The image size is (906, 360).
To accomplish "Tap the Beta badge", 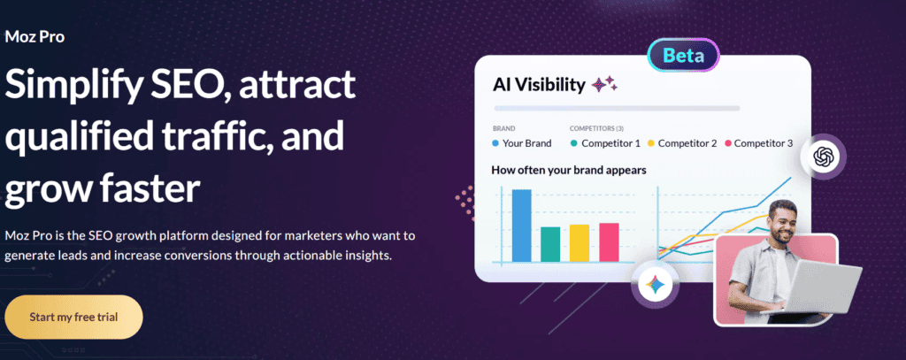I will (x=682, y=56).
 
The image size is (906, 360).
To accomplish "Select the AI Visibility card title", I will (x=539, y=86).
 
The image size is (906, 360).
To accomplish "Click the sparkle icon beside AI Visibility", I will (x=605, y=85).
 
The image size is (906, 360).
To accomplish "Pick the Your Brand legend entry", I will (x=522, y=143).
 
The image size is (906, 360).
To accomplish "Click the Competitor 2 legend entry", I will (x=684, y=143).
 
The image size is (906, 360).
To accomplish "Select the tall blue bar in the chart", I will (x=521, y=226).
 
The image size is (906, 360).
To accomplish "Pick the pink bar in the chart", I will (x=609, y=241).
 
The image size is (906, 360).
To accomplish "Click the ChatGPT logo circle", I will (x=824, y=157).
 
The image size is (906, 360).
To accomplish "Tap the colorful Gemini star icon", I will (x=656, y=285).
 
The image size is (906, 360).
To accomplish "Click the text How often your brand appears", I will (x=568, y=169).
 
